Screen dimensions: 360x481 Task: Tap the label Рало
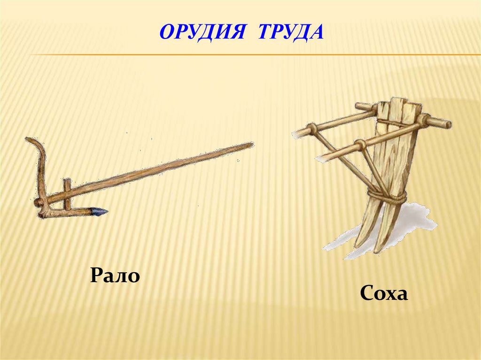pyautogui.click(x=116, y=275)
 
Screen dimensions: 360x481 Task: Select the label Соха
pyautogui.click(x=384, y=294)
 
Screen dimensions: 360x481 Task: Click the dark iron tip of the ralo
pyautogui.click(x=99, y=212)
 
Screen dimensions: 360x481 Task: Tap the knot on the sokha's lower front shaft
pyautogui.click(x=361, y=143)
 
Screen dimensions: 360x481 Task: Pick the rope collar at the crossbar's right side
pyautogui.click(x=425, y=120)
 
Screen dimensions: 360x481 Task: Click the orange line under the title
pyautogui.click(x=254, y=55)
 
